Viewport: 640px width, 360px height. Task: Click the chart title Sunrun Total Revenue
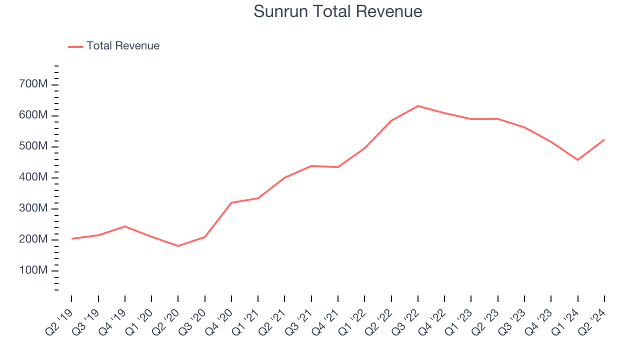pos(338,11)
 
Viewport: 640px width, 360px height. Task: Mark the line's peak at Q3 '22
pos(418,106)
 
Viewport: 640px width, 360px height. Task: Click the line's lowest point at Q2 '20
pos(178,246)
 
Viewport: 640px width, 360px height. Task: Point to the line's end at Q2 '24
pos(604,139)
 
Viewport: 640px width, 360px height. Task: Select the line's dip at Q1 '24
pos(577,160)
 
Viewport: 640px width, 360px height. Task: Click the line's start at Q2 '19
pos(71,238)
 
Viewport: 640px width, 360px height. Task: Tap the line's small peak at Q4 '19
pos(124,226)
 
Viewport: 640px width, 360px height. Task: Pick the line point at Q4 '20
pos(231,202)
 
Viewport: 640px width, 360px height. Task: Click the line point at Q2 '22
pos(391,120)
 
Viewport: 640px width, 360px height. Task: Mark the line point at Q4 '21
pos(338,167)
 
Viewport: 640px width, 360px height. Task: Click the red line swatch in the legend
pos(75,46)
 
